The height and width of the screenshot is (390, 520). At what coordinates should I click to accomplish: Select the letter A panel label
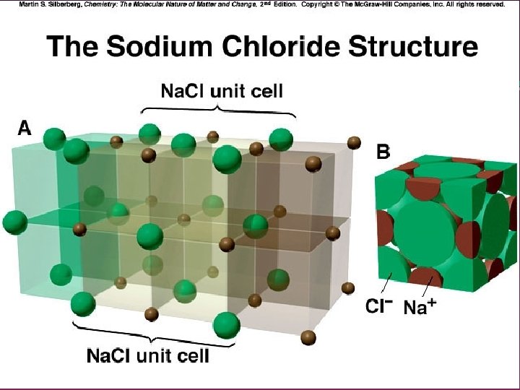[25, 128]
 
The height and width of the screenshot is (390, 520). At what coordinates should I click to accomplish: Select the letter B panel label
[384, 152]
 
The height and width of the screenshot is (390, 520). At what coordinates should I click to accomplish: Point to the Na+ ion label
[419, 307]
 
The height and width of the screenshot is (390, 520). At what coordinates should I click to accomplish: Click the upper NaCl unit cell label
[221, 91]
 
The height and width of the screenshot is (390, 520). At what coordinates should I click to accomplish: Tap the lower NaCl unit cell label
[148, 355]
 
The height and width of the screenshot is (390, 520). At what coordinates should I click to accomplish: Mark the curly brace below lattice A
[149, 337]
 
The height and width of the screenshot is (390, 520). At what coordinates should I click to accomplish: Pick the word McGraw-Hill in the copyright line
[360, 4]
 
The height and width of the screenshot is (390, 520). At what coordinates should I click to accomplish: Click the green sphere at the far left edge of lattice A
[14, 222]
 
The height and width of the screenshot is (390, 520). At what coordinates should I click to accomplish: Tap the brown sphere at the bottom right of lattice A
[308, 338]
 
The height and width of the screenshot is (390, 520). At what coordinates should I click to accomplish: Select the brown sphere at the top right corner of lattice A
[355, 143]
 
